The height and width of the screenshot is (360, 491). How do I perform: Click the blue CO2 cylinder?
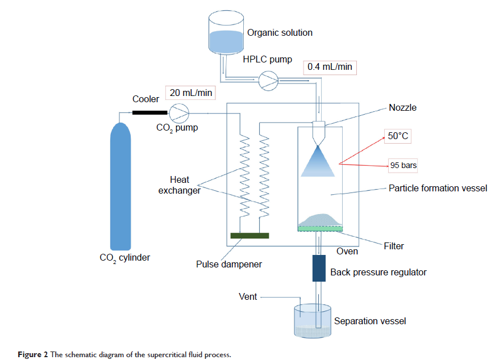[122, 187]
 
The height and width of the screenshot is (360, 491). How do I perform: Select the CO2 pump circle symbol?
[180, 113]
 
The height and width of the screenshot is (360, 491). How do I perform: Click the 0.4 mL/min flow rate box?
[330, 67]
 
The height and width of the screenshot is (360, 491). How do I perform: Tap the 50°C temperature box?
[398, 136]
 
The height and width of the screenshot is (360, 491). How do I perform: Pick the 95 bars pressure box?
[403, 165]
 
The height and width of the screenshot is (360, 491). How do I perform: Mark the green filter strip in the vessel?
[321, 228]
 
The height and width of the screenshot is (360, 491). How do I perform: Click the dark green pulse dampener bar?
[249, 235]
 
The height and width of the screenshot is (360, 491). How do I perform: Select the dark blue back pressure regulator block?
[319, 268]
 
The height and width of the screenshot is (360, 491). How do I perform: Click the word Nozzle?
[402, 108]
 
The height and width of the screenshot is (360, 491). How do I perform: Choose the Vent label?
[248, 296]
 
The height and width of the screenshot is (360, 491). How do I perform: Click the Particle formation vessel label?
[438, 188]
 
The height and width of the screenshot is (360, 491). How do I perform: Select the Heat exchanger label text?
[180, 185]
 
